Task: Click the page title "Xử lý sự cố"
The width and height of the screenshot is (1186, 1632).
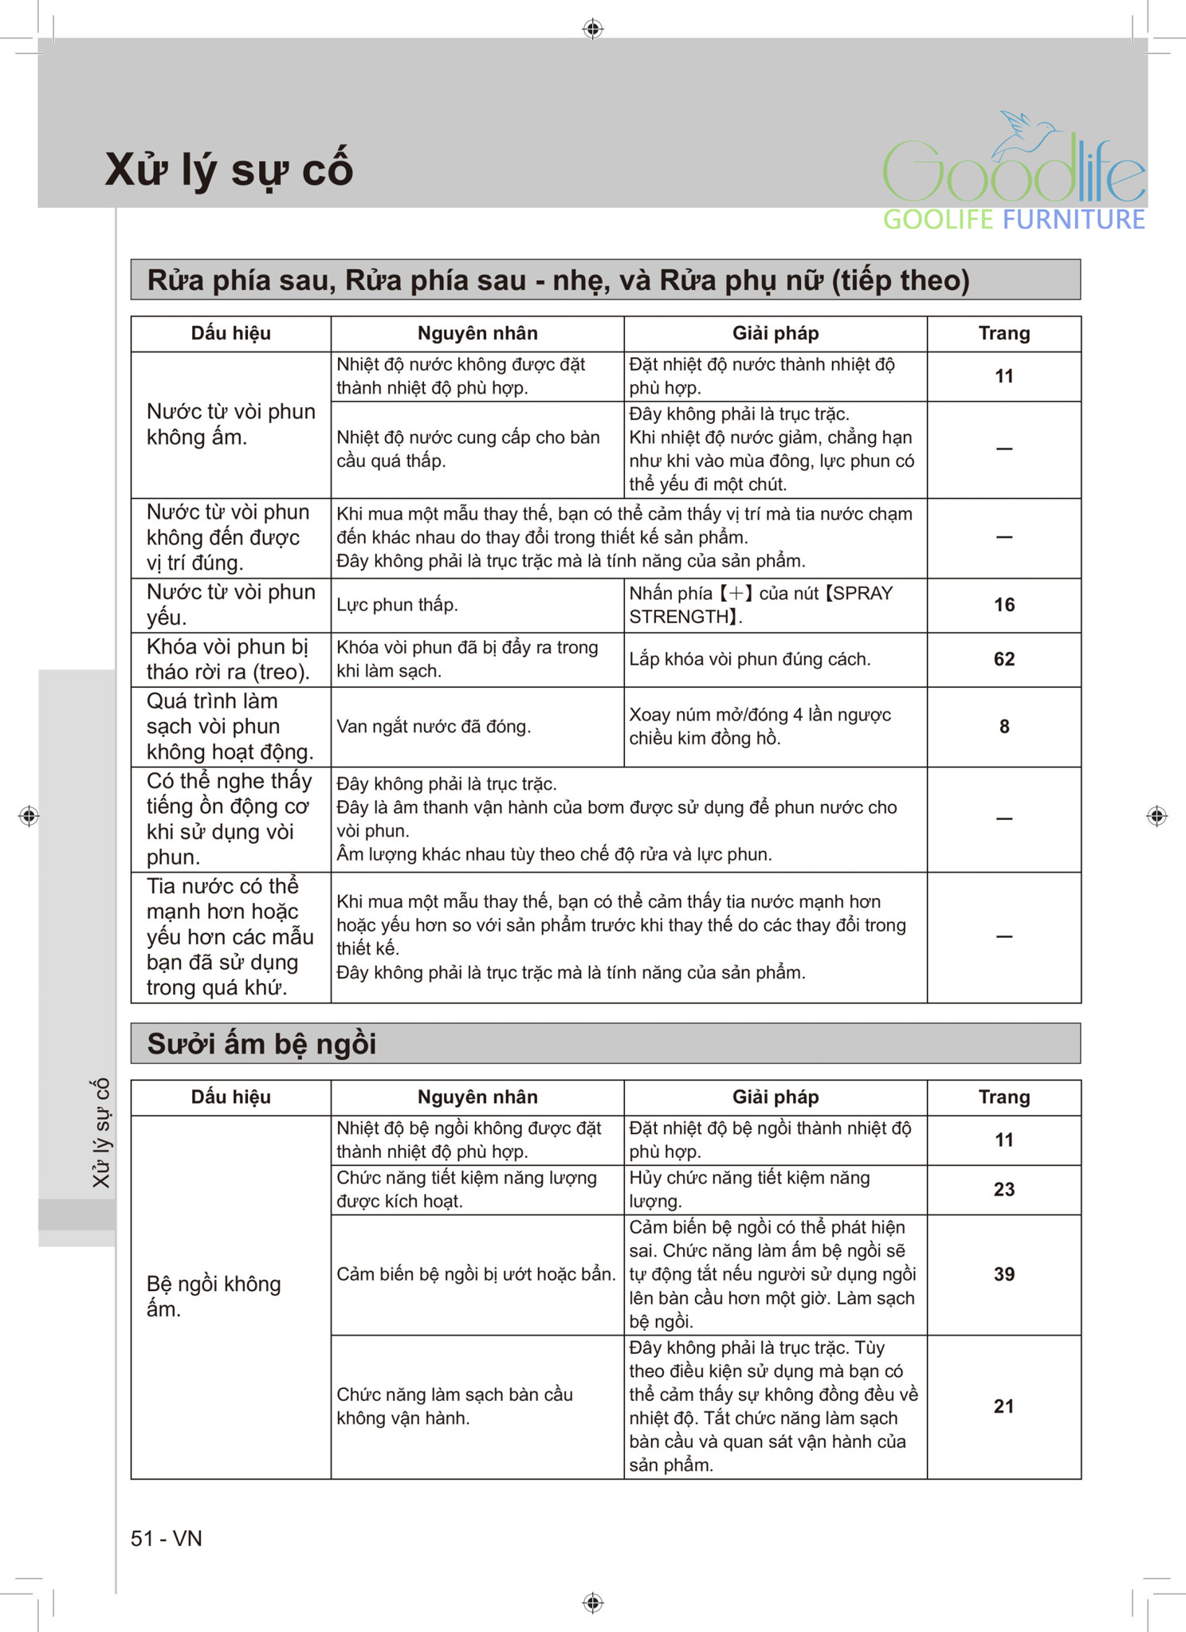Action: (x=229, y=170)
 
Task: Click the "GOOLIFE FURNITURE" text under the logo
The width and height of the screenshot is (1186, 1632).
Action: (x=1013, y=220)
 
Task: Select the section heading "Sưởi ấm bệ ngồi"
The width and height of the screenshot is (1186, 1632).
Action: (x=261, y=1044)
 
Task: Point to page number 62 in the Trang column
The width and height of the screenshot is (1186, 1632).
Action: (x=1003, y=659)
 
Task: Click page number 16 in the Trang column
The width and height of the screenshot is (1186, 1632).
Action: (x=1003, y=605)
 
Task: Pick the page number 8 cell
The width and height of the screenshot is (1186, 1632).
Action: (x=1003, y=727)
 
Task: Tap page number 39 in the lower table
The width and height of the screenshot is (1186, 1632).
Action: (x=1003, y=1274)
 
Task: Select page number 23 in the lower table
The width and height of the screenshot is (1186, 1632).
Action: (x=1003, y=1190)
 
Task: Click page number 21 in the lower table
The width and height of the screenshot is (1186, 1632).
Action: (x=1003, y=1406)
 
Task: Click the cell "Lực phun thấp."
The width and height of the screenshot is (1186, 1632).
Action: (x=397, y=605)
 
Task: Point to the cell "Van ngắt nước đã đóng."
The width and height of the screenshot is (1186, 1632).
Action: (x=434, y=727)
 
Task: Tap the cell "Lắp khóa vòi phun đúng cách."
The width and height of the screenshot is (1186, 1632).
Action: (x=749, y=659)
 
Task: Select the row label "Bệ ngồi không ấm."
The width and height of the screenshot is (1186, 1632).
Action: (x=214, y=1296)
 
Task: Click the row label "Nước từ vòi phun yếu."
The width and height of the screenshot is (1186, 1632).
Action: (x=230, y=605)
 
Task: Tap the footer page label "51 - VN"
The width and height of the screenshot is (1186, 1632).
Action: (x=166, y=1538)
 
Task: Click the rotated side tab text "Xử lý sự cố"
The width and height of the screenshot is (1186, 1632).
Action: (x=101, y=1132)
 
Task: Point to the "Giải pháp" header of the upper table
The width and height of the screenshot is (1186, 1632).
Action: (x=775, y=333)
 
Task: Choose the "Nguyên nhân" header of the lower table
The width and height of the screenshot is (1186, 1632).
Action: (x=477, y=1097)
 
